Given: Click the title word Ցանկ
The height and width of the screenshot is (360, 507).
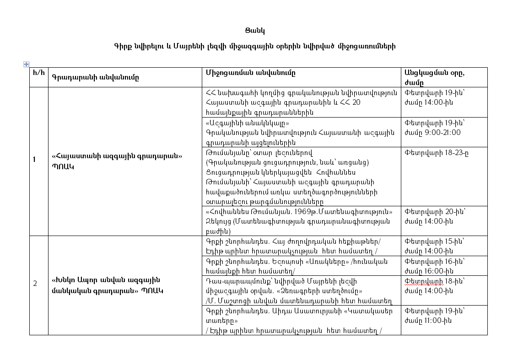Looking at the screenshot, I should coord(255,31).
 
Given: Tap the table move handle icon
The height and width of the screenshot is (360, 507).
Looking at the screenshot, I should coord(26,64).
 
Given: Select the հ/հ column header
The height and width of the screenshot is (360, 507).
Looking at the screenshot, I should coord(38,73).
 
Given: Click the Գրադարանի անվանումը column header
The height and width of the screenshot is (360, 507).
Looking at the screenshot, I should coord(95,77).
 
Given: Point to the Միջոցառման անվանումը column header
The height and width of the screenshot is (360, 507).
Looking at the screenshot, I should coord(250,73).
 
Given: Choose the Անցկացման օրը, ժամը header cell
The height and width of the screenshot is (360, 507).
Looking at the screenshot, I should coord(437,77).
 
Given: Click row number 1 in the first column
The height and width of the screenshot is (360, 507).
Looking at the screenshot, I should coord(34,160).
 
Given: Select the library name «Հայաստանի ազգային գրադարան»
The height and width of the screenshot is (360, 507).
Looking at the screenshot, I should coord(118,156).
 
